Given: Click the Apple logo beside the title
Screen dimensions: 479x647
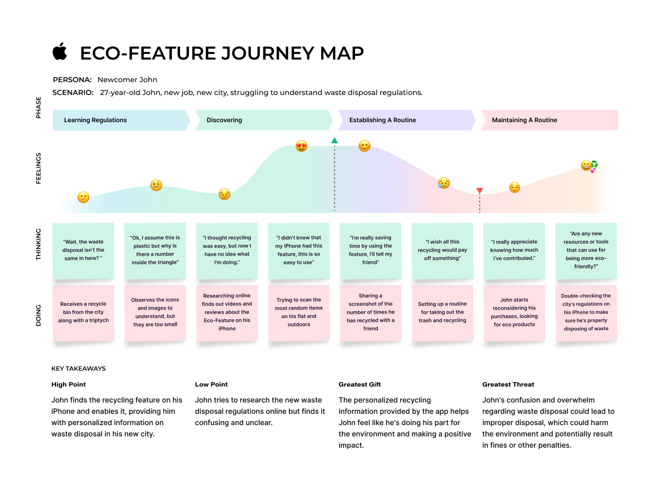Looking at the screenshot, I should (x=60, y=51).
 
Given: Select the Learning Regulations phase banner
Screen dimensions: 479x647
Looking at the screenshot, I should (x=121, y=120).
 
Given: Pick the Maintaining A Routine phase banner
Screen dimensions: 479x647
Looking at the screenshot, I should (x=548, y=120).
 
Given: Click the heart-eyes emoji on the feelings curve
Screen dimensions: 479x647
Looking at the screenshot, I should (x=301, y=146).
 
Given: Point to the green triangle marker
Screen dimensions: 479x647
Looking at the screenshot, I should (x=335, y=140).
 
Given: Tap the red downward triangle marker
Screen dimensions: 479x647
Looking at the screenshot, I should (x=480, y=191).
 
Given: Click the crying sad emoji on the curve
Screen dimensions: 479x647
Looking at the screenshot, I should (x=444, y=183).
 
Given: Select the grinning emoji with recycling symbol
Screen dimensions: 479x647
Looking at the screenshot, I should (x=589, y=166).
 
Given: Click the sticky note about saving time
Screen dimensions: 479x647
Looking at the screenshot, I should (x=370, y=250).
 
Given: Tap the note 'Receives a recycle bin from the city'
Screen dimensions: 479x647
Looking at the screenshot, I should (x=83, y=312).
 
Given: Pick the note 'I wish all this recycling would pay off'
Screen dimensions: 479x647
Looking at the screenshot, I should (x=442, y=250).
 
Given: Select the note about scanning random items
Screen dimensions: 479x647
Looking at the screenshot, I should (x=299, y=312).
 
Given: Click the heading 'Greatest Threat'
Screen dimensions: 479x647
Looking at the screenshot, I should (x=508, y=385).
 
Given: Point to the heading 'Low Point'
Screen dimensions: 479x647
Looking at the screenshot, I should (x=211, y=385).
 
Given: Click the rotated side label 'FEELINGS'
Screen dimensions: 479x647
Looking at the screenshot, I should (x=39, y=168).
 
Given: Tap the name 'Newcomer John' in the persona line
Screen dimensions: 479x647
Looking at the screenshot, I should (x=127, y=80).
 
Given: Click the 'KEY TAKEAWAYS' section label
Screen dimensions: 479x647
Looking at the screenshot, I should (x=79, y=369).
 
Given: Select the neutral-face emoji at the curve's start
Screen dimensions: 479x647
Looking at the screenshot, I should (x=83, y=197).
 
